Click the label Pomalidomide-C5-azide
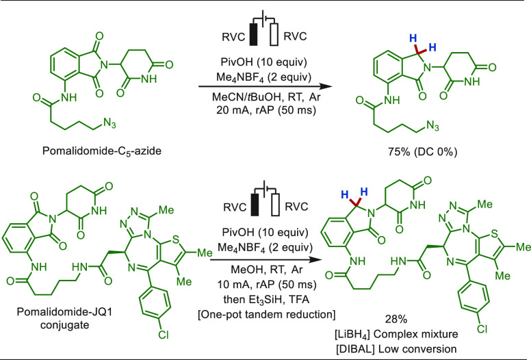point(101,151)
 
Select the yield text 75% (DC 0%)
point(422,152)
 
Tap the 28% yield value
point(396,319)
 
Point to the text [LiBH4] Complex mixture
point(396,334)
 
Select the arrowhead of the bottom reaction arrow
point(315,260)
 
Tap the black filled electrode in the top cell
point(254,34)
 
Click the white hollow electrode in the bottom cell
point(275,205)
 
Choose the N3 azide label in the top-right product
point(432,126)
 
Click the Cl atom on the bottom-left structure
point(163,335)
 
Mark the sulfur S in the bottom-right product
point(494,233)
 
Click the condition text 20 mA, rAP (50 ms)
point(266,110)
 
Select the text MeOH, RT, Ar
point(266,270)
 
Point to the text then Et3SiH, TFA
point(266,299)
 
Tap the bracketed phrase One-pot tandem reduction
point(266,314)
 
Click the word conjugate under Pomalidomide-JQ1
point(64,325)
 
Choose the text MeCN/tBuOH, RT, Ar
point(266,97)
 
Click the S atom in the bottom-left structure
point(175,239)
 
